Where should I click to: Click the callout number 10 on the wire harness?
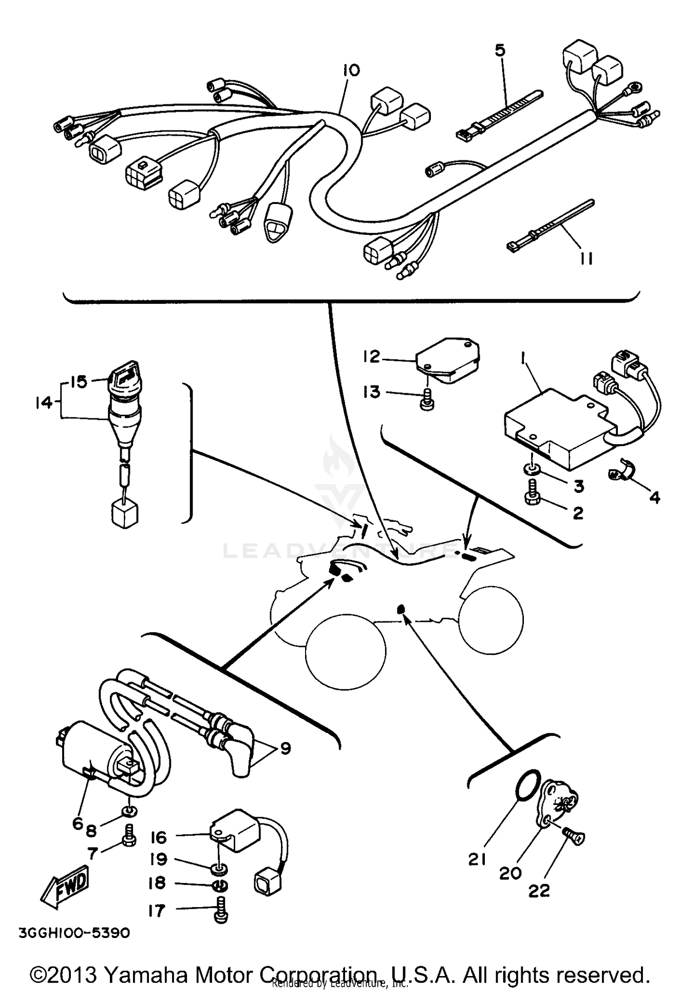pos(351,70)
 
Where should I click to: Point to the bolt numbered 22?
pos(574,837)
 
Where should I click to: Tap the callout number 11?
pos(586,259)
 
